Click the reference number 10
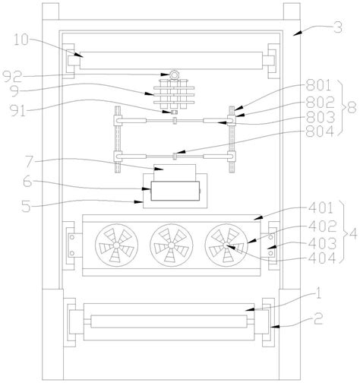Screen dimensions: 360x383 21,40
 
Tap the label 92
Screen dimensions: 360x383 13,77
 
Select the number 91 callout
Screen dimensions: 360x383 18,110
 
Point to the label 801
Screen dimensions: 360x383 318,85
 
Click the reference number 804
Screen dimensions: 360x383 320,131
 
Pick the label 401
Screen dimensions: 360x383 321,208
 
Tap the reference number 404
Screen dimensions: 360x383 322,258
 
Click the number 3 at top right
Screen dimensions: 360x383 338,27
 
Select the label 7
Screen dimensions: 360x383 29,163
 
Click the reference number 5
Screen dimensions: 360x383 27,206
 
